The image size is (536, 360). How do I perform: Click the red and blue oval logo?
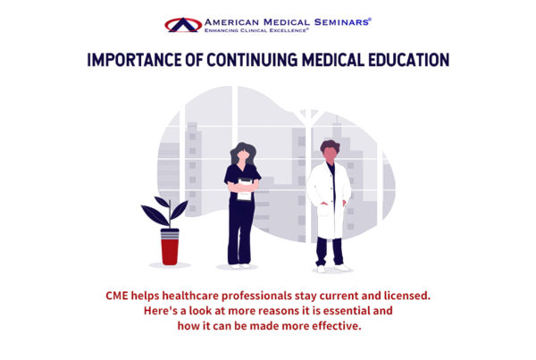pyautogui.click(x=183, y=25)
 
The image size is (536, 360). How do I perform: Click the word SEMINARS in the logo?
pyautogui.click(x=342, y=22)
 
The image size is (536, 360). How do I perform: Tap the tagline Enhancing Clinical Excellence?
pyautogui.click(x=256, y=30)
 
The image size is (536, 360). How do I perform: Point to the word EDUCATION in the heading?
pyautogui.click(x=408, y=60)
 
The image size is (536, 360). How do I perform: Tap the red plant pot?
pyautogui.click(x=170, y=247)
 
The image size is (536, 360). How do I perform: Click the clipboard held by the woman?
pyautogui.click(x=245, y=189)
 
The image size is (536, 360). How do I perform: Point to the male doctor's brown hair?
pyautogui.click(x=330, y=146)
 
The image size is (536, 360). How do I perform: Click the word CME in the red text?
pyautogui.click(x=116, y=296)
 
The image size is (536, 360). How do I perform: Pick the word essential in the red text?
pyautogui.click(x=348, y=311)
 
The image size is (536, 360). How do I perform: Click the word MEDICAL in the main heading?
pyautogui.click(x=333, y=60)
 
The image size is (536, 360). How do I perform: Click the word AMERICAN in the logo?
pyautogui.click(x=231, y=22)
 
